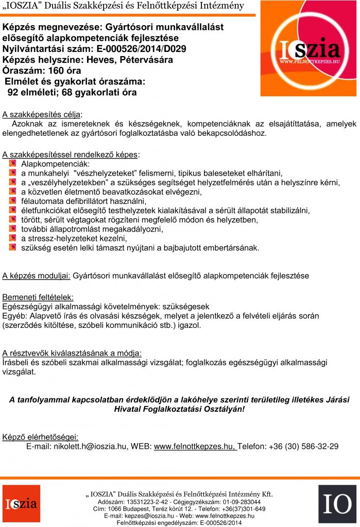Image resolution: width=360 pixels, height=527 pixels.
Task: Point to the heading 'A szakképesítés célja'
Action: pyautogui.click(x=42, y=114)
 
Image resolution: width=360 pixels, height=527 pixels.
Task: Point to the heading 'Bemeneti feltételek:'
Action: pyautogui.click(x=38, y=297)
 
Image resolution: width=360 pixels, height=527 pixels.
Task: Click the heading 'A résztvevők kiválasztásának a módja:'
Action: pyautogui.click(x=72, y=353)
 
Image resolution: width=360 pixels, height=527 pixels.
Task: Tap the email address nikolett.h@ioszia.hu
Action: pyautogui.click(x=90, y=446)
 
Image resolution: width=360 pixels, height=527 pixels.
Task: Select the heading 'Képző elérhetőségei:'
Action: pyautogui.click(x=40, y=437)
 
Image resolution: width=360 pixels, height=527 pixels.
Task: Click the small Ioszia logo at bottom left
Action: pyautogui.click(x=21, y=504)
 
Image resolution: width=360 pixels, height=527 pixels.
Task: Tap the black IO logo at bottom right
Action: pyautogui.click(x=337, y=504)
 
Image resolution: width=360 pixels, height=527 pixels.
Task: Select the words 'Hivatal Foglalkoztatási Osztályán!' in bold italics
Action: pyautogui.click(x=180, y=409)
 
